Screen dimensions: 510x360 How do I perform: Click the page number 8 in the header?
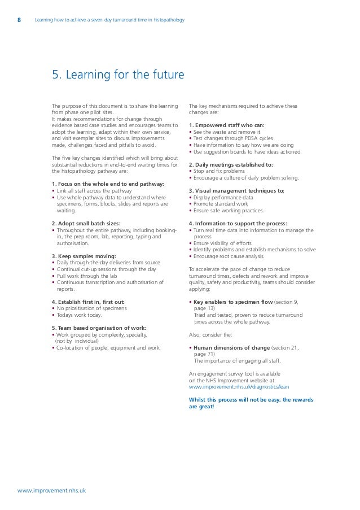point(20,21)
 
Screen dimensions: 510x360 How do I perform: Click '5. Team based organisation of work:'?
point(98,328)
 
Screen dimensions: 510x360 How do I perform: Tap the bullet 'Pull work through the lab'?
point(87,276)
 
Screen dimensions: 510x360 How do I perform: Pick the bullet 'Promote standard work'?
point(221,204)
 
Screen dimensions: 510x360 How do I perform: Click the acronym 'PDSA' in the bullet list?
point(243,138)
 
